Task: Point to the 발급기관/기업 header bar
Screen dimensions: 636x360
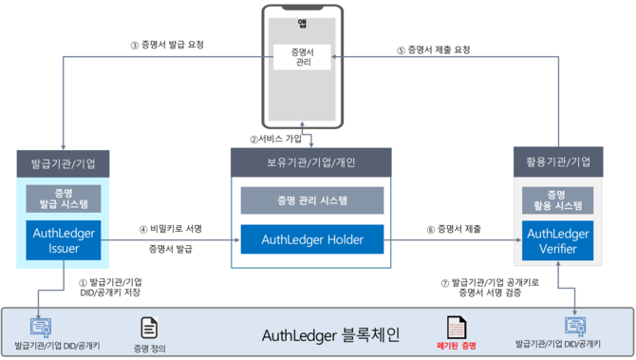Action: [64, 162]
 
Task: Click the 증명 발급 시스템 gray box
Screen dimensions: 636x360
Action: [64, 199]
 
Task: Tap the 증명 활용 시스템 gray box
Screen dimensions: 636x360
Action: [558, 199]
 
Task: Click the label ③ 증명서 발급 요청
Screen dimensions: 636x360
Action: [166, 44]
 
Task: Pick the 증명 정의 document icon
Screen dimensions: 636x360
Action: [149, 328]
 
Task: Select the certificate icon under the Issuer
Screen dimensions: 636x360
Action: [41, 326]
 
